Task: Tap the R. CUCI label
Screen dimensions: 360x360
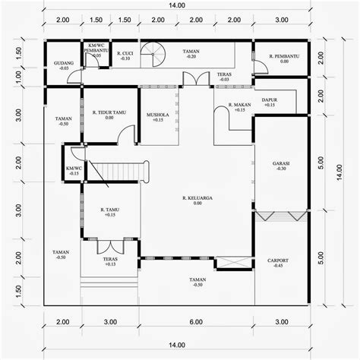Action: (124, 55)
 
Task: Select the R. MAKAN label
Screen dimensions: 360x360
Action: (240, 107)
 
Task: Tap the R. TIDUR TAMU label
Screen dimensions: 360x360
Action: (109, 115)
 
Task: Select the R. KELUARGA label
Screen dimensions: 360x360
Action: (197, 201)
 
